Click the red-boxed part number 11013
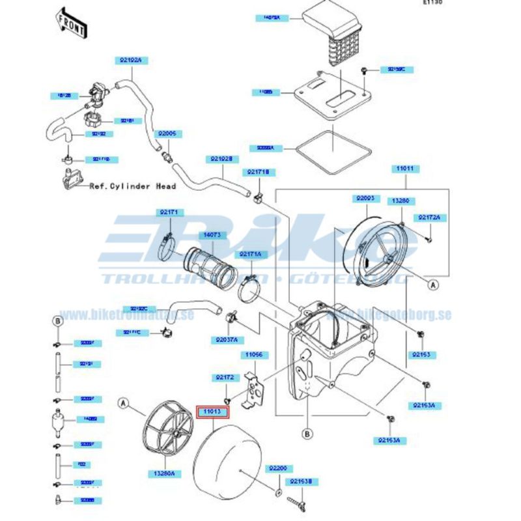pos(212,412)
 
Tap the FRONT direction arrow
pos(71,23)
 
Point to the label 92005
pos(169,134)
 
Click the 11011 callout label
pos(406,169)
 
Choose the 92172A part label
pos(430,218)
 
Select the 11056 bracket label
pos(255,355)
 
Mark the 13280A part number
pos(165,474)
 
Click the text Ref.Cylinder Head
pos(132,186)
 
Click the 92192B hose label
pos(221,159)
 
